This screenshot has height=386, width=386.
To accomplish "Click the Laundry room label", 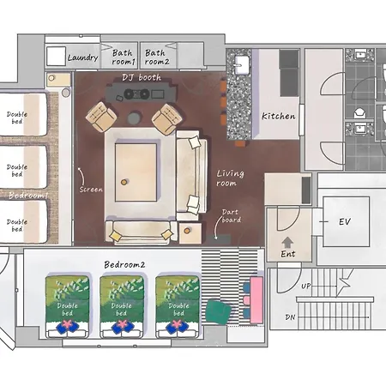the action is (83, 57).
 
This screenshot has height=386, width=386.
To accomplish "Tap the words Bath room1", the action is (123, 57).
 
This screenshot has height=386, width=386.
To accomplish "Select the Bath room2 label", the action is (157, 57).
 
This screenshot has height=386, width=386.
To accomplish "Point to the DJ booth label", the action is (142, 77).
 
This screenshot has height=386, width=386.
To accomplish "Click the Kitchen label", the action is (279, 116).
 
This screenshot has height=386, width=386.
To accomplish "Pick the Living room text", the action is (230, 178).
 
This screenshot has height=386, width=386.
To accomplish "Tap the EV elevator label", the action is (345, 221).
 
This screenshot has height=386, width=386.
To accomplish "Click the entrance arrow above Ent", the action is (287, 243).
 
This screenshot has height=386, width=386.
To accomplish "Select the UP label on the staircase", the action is (306, 286).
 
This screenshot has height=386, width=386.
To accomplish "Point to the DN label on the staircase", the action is (290, 317).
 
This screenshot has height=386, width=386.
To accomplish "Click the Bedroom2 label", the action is (124, 265).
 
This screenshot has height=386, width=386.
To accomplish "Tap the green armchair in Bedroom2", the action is (219, 311).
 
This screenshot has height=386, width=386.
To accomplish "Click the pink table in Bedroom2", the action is (256, 299).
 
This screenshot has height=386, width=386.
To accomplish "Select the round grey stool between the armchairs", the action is (134, 118).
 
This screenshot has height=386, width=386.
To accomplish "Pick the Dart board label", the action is (232, 216).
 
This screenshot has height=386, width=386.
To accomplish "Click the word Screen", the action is (91, 190).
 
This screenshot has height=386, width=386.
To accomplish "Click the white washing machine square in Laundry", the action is (56, 57).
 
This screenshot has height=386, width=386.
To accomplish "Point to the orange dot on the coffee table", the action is (124, 182).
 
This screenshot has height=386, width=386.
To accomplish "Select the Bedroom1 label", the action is (28, 196).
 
